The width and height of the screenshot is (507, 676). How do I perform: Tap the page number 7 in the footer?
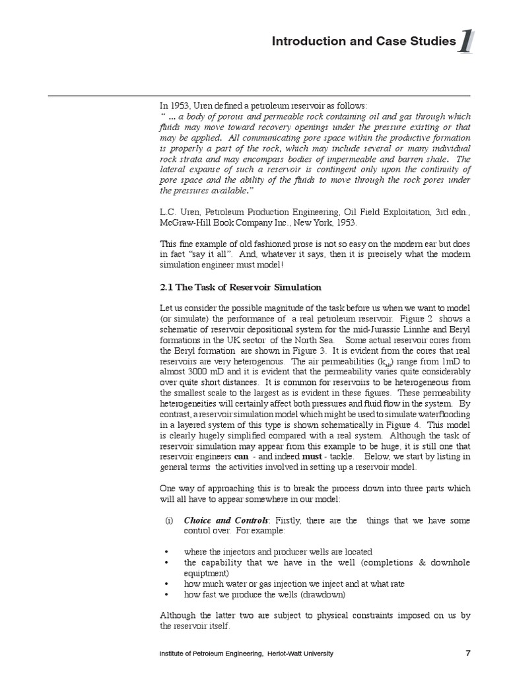tap(467, 654)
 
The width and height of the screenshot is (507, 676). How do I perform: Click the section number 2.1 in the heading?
tap(167, 287)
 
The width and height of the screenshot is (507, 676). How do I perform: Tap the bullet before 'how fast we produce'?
tap(167, 594)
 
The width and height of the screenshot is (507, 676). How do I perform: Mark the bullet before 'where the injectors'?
tap(167, 552)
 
